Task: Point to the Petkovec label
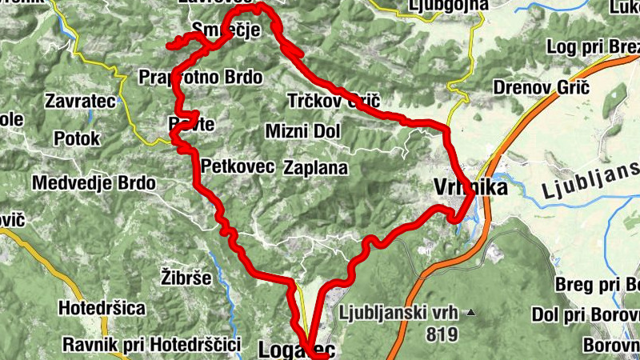(x=238, y=167)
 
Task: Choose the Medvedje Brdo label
(x=94, y=183)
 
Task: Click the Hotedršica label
(x=102, y=308)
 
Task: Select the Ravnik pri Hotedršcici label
(x=152, y=345)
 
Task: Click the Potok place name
(x=77, y=138)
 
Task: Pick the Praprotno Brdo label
(x=200, y=78)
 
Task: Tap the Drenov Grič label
(x=541, y=86)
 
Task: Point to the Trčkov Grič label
(x=333, y=102)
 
